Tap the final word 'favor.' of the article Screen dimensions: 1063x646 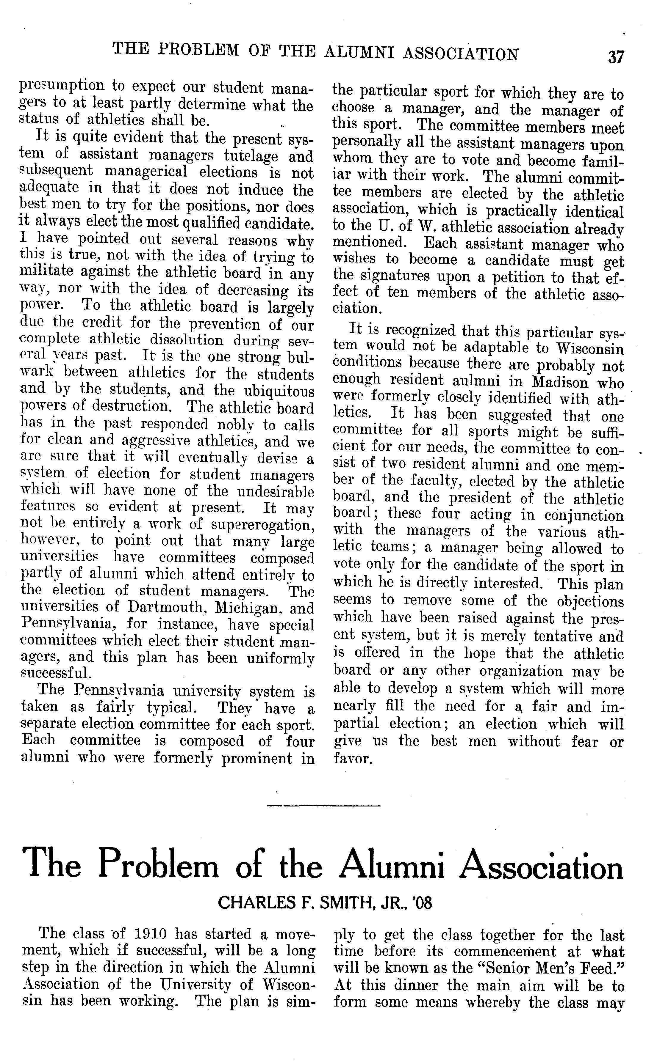click(352, 758)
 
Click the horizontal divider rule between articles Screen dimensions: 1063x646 click(323, 805)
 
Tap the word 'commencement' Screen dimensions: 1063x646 click(505, 951)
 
